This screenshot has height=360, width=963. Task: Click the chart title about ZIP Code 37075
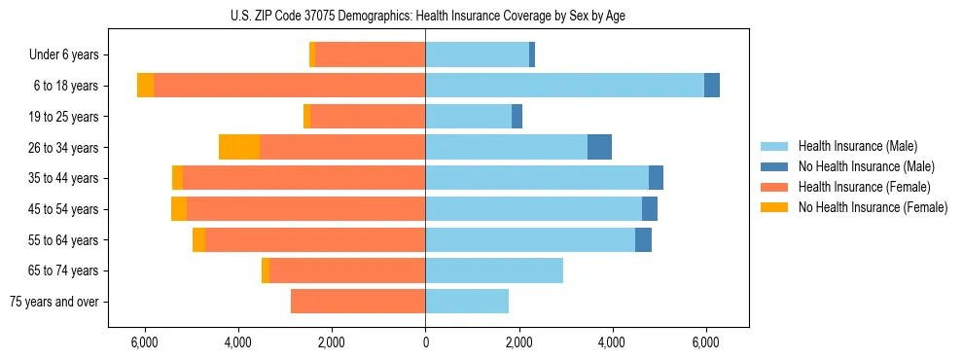(x=425, y=15)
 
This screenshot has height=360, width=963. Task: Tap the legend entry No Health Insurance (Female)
(x=872, y=207)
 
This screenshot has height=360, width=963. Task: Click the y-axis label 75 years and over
(x=53, y=302)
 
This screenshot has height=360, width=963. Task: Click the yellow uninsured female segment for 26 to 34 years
(x=239, y=147)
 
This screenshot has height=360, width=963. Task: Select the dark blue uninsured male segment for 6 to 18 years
(x=712, y=86)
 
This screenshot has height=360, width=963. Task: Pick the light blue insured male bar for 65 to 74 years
(x=494, y=270)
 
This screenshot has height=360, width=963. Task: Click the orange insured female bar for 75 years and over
(x=358, y=302)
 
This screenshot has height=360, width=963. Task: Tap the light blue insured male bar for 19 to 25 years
(x=468, y=117)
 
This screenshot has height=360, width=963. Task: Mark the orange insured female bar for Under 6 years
(x=370, y=55)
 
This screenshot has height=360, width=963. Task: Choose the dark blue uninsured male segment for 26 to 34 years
(x=599, y=147)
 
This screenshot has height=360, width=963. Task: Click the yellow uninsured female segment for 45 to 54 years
(x=179, y=209)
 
